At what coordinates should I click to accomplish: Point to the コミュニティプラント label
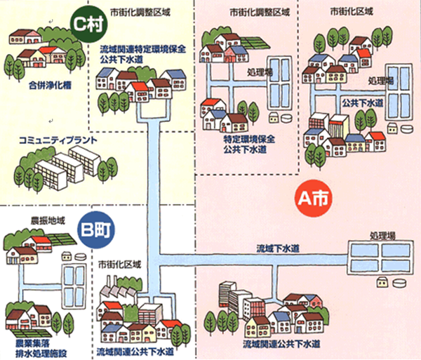point(58,140)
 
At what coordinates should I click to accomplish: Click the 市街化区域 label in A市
point(349,13)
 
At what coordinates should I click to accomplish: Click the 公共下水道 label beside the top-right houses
point(363,102)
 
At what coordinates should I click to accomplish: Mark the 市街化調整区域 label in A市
point(250,13)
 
